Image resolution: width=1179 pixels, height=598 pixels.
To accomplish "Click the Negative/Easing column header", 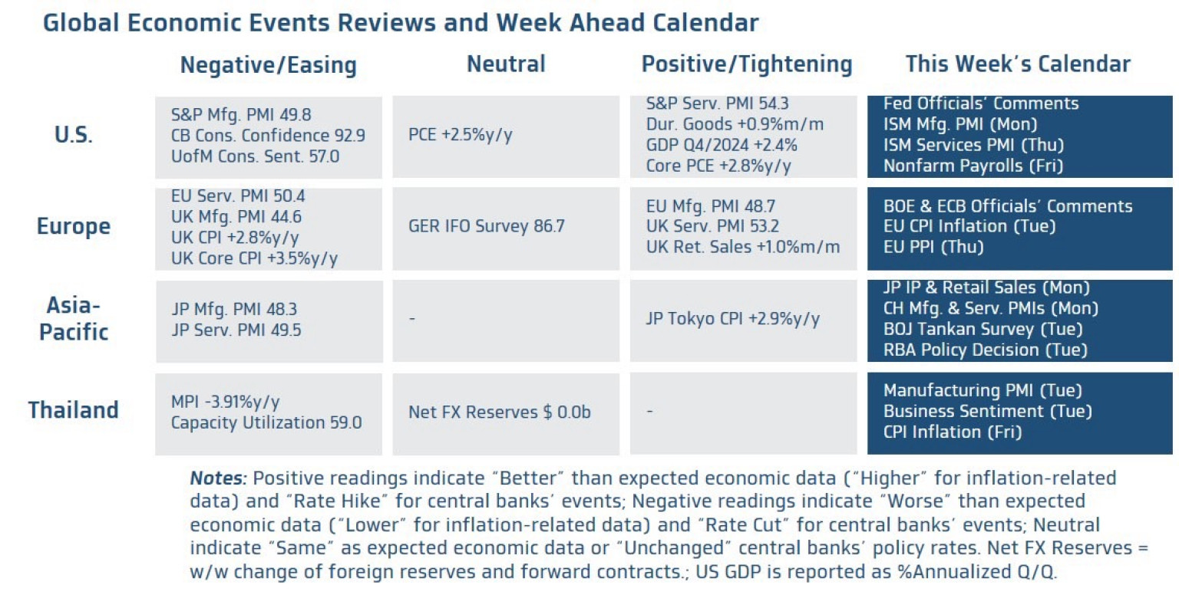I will (268, 65).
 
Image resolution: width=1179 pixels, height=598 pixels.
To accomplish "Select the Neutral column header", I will (506, 64).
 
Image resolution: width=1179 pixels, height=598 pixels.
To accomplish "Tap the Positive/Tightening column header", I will (746, 64).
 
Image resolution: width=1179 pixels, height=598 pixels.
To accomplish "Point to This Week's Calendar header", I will (1017, 64).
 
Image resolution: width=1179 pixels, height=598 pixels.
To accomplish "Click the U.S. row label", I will (74, 136).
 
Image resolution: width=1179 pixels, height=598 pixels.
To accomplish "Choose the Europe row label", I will (74, 226).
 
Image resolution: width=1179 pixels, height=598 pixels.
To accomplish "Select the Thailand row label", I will (74, 410).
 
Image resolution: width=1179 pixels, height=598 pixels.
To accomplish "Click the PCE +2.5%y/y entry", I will (460, 136).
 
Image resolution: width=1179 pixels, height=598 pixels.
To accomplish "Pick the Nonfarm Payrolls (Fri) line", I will (973, 166).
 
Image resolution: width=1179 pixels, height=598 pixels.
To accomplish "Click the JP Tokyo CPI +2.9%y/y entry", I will (732, 318).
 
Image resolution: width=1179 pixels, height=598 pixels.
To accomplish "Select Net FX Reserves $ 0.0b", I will (499, 412).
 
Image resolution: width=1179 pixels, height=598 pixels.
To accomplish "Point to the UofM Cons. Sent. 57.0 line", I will (255, 156).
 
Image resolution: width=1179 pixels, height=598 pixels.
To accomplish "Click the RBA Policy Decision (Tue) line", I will (985, 350).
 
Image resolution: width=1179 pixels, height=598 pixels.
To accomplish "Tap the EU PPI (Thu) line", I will (933, 247).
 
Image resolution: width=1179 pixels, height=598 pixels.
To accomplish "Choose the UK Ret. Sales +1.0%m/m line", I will (742, 247).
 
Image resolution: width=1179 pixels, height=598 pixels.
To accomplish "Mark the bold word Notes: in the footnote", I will (218, 478).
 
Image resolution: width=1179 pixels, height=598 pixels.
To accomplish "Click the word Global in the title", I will (79, 22).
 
